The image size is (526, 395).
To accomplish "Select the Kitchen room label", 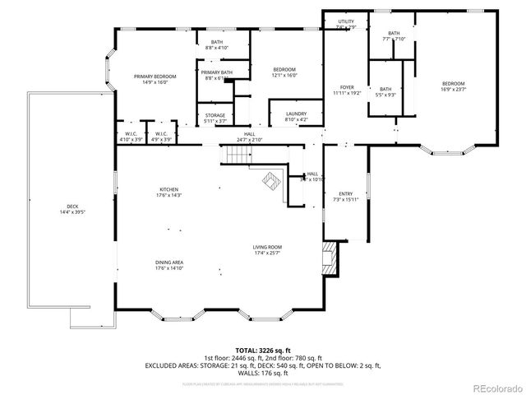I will (x=168, y=192).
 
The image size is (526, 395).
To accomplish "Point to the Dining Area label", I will (x=168, y=264).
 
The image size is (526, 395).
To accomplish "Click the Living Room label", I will (x=267, y=249).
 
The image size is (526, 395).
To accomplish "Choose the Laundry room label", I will (x=296, y=116).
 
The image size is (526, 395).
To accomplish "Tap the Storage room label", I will (x=215, y=118).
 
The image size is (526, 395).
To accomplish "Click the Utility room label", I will (x=346, y=25).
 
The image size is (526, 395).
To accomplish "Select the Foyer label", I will (x=347, y=90).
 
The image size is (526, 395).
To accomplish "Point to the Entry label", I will (x=346, y=196).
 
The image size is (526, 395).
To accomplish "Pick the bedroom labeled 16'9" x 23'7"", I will (x=453, y=86).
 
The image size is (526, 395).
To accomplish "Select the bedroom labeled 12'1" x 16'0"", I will (x=284, y=72).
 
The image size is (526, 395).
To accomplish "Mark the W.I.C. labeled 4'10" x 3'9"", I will (x=131, y=137).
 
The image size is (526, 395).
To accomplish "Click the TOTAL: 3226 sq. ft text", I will (x=262, y=350).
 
